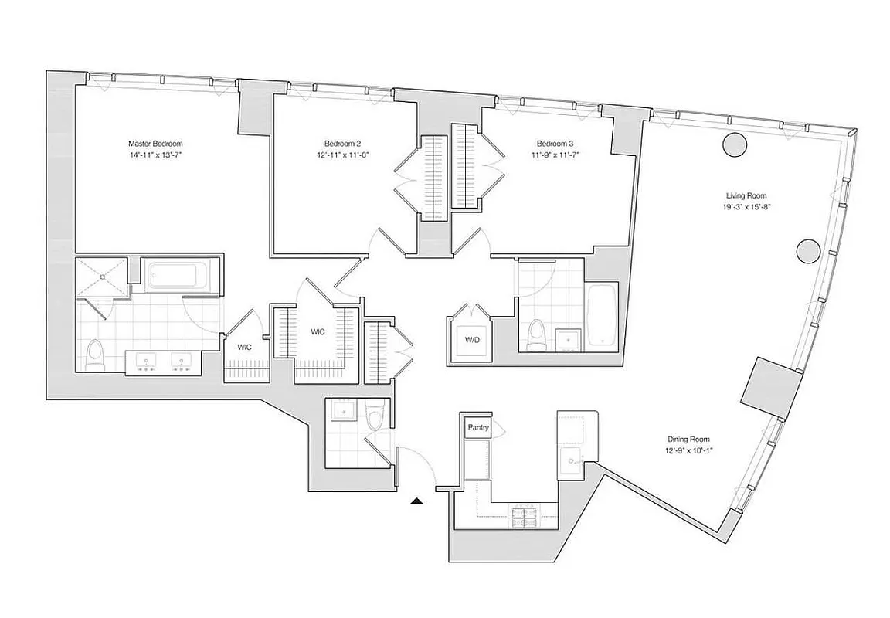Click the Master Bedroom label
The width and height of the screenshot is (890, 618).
tap(155, 144)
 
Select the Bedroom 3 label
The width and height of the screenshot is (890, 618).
tap(555, 144)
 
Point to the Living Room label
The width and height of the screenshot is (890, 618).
tap(746, 195)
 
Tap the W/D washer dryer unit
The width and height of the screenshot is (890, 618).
tap(471, 340)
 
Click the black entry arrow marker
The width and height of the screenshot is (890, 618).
tap(416, 501)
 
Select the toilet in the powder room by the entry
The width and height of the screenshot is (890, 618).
tap(375, 415)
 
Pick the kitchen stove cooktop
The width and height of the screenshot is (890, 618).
tap(525, 517)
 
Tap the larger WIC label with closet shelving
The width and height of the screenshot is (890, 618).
tap(318, 332)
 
